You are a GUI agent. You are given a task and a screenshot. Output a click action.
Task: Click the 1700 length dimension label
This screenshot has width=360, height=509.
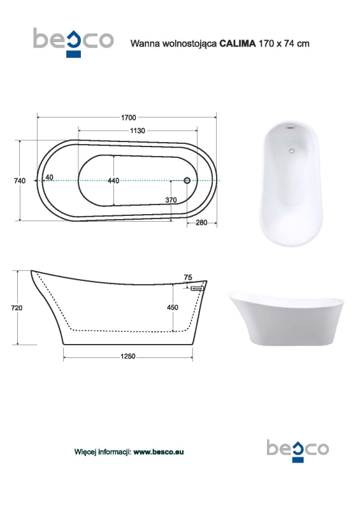(129, 117)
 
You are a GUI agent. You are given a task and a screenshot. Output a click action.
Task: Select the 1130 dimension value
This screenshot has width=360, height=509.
(138, 131)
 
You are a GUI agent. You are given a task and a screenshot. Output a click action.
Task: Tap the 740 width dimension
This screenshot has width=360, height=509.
(20, 181)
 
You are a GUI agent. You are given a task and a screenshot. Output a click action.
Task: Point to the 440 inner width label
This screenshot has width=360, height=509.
(113, 181)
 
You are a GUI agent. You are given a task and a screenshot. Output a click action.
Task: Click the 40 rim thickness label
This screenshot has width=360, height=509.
(49, 177)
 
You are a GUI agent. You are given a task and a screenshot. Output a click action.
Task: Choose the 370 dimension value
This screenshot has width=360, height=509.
(171, 200)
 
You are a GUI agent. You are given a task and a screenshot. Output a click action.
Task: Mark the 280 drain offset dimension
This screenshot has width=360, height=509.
(201, 223)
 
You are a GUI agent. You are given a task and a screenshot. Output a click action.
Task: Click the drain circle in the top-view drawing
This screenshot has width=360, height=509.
(187, 180)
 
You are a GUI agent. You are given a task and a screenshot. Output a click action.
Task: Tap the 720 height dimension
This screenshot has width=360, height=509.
(17, 308)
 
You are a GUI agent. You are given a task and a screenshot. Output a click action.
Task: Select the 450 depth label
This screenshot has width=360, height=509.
(173, 308)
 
